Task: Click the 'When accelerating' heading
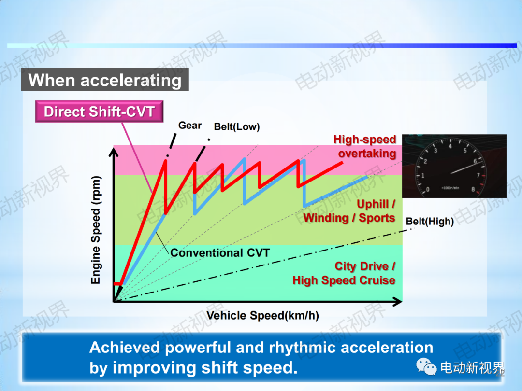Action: point(105,80)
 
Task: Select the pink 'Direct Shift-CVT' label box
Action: point(99,112)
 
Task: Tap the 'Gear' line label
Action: point(190,126)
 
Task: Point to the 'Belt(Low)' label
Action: point(237,126)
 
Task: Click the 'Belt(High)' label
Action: point(430,222)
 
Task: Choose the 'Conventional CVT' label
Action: point(220,253)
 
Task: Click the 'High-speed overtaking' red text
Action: point(365,146)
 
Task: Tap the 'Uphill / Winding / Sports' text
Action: point(349,211)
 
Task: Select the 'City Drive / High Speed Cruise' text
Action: point(344,273)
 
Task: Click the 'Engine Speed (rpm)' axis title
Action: point(96,230)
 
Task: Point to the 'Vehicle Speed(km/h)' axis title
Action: point(262,316)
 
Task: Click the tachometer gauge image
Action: point(454,166)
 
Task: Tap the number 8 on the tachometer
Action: point(473,190)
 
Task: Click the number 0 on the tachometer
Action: point(428,190)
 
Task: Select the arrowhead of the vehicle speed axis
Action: point(397,302)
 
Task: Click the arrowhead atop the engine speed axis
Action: point(114,152)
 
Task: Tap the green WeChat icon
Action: point(426,366)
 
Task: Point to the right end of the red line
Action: point(342,163)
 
